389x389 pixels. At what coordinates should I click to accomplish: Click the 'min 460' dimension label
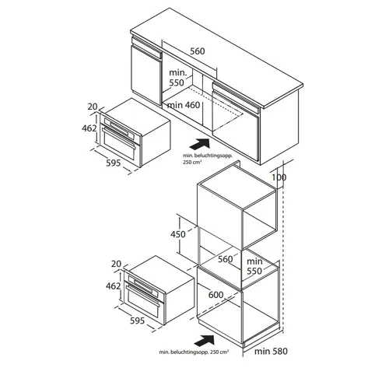pos(184,105)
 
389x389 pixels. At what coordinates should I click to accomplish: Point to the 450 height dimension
pos(178,234)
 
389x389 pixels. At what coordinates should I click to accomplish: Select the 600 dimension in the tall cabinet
pos(216,295)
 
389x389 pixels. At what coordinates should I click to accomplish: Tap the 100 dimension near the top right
pos(279,177)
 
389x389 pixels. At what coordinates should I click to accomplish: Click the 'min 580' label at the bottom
pos(271,352)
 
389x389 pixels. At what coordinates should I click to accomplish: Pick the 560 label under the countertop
pos(198,51)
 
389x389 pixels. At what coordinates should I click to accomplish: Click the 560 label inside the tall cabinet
pos(225,259)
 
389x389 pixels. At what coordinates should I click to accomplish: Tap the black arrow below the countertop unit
pos(199,144)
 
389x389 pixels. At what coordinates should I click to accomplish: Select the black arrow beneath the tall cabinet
pos(205,340)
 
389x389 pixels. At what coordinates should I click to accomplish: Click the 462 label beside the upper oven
pos(89,128)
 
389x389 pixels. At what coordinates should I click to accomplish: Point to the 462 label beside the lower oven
pos(113,286)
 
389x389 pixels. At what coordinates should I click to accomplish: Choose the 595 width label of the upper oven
pos(114,163)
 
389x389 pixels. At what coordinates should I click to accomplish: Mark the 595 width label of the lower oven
pos(137,321)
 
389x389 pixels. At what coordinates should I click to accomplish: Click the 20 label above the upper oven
pos(93,107)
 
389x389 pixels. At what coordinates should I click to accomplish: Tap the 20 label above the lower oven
pos(116,264)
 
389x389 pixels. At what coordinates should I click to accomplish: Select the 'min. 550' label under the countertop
pos(177,78)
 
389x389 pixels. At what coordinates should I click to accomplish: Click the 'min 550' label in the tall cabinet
pos(254,266)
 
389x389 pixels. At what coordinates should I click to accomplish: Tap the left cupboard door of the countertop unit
pos(146,75)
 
